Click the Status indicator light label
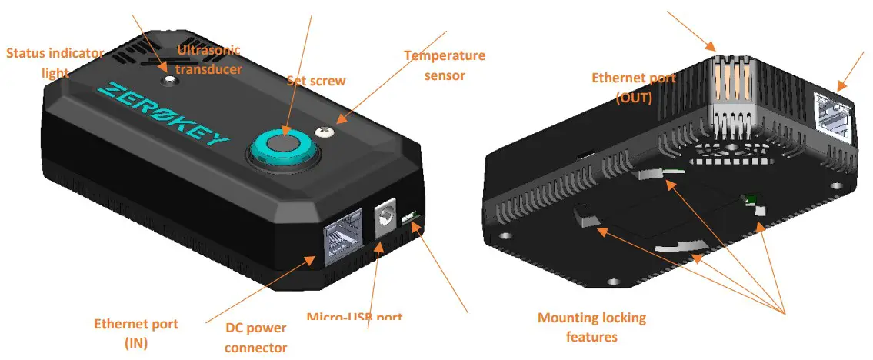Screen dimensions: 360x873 click(x=55, y=62)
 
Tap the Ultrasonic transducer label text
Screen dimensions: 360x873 click(x=209, y=59)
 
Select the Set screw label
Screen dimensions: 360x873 click(x=316, y=81)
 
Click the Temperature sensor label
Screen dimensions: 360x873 click(x=445, y=65)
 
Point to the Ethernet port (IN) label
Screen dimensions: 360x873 click(x=135, y=333)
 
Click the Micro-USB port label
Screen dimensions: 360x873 click(x=354, y=317)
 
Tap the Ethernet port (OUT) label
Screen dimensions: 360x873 click(x=633, y=87)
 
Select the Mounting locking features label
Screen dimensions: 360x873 click(x=591, y=327)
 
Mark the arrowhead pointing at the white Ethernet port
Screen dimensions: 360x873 click(x=839, y=86)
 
